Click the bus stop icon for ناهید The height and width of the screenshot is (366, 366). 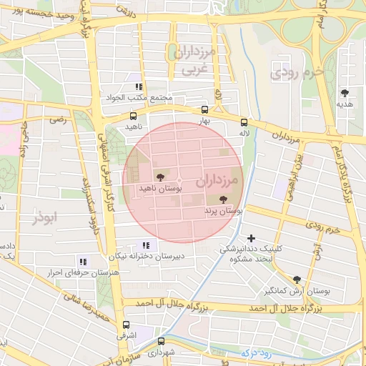(x=134, y=116)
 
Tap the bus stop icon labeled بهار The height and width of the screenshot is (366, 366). (x=206, y=110)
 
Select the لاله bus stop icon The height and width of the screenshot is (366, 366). (x=244, y=122)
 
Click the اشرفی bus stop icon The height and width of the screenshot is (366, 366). (x=127, y=324)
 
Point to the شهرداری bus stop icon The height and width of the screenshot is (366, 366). (x=162, y=341)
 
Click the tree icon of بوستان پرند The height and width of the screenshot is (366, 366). (x=224, y=200)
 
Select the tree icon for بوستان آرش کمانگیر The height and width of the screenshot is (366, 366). (x=297, y=280)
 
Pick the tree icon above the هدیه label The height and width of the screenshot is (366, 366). (x=345, y=93)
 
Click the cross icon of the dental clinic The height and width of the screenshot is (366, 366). (x=250, y=238)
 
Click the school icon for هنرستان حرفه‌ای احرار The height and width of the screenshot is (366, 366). (x=83, y=262)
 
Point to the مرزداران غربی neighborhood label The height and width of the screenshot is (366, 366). (x=194, y=60)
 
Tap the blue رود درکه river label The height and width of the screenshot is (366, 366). (x=257, y=351)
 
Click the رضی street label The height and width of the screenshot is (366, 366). (x=58, y=120)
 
